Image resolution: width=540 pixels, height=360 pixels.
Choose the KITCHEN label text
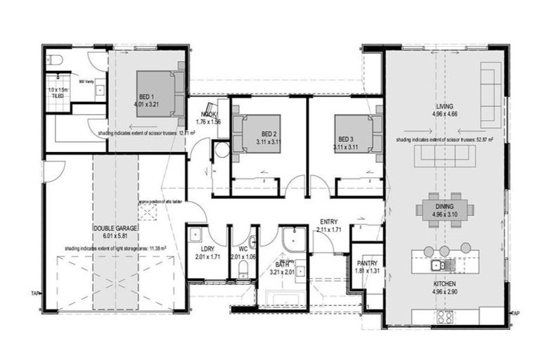click(446, 285)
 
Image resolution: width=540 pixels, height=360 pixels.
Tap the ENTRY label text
click(328, 221)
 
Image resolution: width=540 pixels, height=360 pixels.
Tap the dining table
click(444, 209)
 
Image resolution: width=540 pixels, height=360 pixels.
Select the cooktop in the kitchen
click(444, 316)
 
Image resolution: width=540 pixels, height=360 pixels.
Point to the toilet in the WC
click(243, 268)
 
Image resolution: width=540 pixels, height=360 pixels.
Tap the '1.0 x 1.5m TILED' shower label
click(56, 93)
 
